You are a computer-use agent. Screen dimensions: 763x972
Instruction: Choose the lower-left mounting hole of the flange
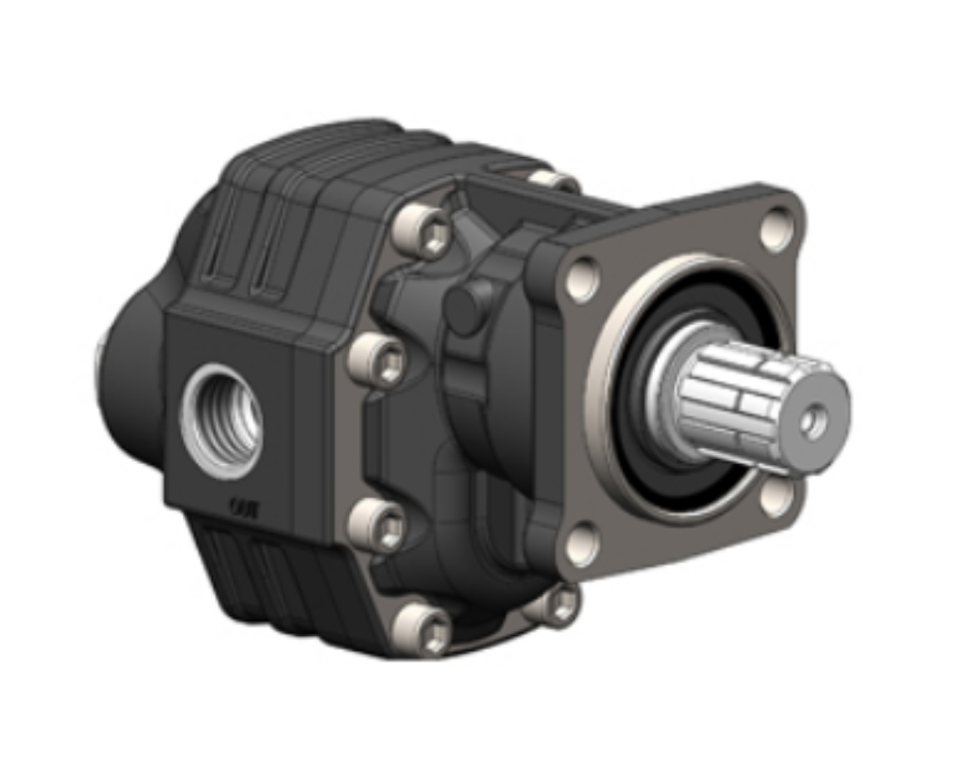click(582, 544)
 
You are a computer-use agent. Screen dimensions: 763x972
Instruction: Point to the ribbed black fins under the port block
click(266, 573)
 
